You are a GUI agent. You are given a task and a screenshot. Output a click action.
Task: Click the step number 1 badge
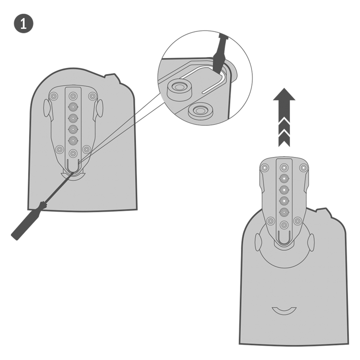[x=24, y=23]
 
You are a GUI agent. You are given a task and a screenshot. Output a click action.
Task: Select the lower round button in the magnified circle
[x=200, y=111]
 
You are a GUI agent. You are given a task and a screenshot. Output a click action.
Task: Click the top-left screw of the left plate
[x=54, y=96]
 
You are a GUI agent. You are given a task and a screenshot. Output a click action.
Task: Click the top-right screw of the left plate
[x=92, y=96]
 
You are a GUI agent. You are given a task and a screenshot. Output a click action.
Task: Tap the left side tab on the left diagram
[x=47, y=108]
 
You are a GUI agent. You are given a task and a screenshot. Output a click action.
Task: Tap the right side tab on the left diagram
[x=99, y=108]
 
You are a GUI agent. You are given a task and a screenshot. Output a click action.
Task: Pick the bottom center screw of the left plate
[x=73, y=153]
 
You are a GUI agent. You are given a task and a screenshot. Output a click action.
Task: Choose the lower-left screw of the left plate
[x=60, y=150]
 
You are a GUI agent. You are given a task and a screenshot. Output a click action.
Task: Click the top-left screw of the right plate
[x=265, y=168]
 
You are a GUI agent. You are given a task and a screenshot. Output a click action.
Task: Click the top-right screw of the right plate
[x=303, y=168]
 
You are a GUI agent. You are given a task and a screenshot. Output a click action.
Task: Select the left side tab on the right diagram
[x=258, y=242]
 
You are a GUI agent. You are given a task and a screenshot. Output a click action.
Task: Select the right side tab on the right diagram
[x=311, y=243]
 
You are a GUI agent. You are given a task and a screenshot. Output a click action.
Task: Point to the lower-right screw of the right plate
[x=297, y=221]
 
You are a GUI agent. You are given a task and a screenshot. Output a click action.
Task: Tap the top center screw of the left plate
[x=73, y=96]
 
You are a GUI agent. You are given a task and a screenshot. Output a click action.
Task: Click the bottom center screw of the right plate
[x=284, y=225]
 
